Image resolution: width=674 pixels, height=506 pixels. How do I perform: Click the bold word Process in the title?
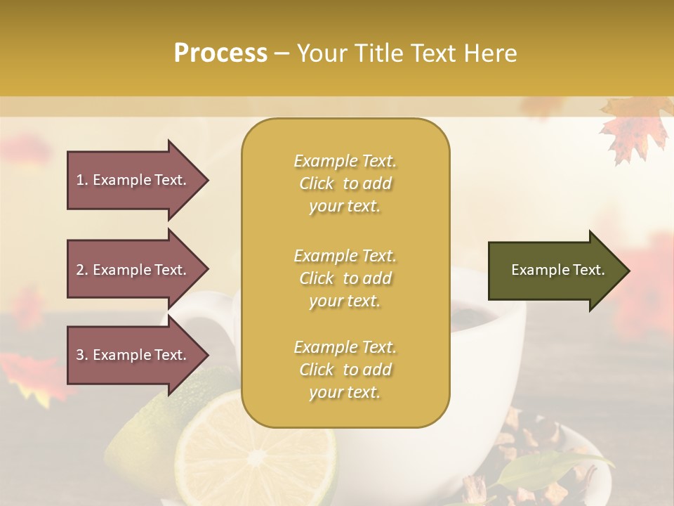220,53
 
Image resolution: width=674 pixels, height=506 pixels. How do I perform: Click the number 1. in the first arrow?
82,180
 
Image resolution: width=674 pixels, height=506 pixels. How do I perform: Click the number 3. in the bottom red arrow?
82,355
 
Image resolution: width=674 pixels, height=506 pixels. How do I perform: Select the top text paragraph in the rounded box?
345,183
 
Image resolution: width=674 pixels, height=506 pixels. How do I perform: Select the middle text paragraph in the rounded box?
345,278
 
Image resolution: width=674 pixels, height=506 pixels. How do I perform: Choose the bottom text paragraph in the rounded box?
345,370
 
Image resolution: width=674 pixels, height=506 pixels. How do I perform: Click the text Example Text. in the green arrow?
557,270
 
